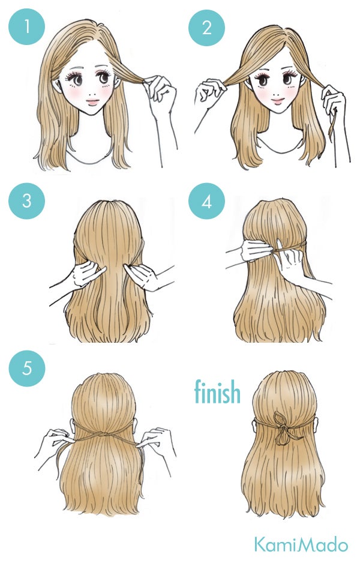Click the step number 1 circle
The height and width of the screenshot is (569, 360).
coord(26,28)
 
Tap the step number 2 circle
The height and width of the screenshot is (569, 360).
coord(206,28)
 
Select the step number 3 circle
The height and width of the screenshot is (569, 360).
coord(26,201)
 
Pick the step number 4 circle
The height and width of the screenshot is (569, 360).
coord(206,201)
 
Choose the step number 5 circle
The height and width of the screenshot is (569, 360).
coord(26,368)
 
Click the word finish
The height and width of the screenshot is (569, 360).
coord(217,392)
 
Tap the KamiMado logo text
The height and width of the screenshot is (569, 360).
coord(300,545)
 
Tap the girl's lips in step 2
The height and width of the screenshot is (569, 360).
coord(277,101)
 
